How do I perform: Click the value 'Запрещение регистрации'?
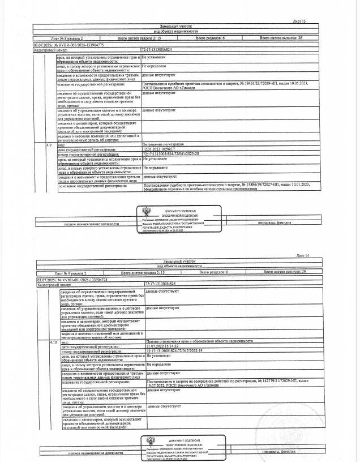pyautogui.click(x=164, y=145)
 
